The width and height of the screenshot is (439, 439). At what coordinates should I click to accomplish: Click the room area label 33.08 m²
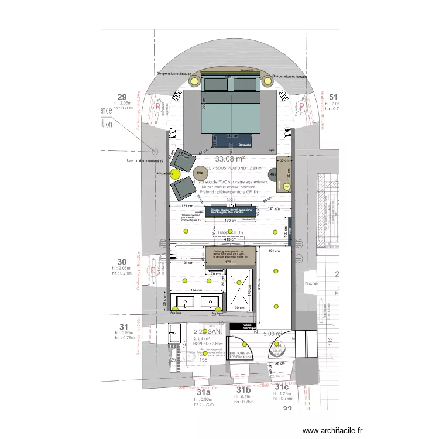(x=230, y=159)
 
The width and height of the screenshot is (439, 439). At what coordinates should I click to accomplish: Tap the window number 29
(x=122, y=97)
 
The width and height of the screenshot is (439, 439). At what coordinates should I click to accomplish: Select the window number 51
(x=334, y=97)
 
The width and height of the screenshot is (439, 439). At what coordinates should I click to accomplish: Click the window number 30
(x=122, y=262)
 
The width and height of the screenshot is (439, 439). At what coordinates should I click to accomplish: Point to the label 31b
(x=244, y=390)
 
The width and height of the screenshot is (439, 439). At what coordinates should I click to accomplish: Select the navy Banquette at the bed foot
(x=244, y=145)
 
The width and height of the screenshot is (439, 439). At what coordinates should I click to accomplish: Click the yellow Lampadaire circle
(x=174, y=173)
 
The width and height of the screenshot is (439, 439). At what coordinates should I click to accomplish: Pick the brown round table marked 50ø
(x=200, y=173)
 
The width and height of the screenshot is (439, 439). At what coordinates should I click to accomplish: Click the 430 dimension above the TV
(x=230, y=200)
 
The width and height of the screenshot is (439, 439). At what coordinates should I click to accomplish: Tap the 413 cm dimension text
(x=231, y=239)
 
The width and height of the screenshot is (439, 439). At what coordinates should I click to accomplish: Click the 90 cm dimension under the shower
(x=239, y=308)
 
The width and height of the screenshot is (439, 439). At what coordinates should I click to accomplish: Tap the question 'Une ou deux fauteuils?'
(x=144, y=161)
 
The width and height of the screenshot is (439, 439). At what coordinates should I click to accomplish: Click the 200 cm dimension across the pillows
(x=231, y=78)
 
